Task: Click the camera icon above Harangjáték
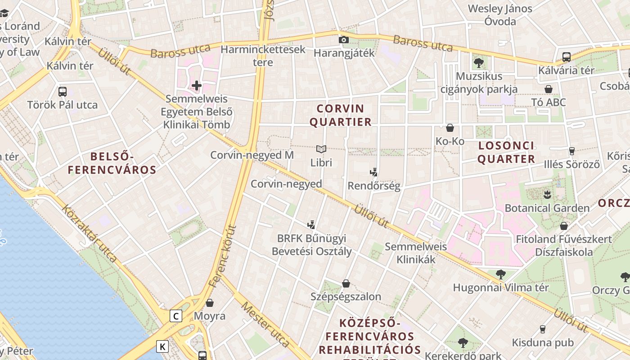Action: coord(343,40)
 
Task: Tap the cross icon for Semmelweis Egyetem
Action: coord(197,85)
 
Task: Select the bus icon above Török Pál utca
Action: coord(63,92)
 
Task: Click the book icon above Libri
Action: coord(321,149)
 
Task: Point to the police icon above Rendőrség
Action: coord(373,172)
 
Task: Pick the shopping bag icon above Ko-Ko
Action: coord(450,128)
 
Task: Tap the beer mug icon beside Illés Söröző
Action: coord(571,151)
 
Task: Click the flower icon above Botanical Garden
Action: coord(547,194)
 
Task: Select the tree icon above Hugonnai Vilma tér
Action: coord(500,274)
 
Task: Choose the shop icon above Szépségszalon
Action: coord(346,283)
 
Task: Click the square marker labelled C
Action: coord(176,316)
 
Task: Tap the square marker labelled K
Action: coord(162,346)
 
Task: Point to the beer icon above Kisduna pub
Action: coord(543,329)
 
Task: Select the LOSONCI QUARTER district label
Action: coord(506,152)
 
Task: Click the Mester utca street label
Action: coord(265,324)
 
